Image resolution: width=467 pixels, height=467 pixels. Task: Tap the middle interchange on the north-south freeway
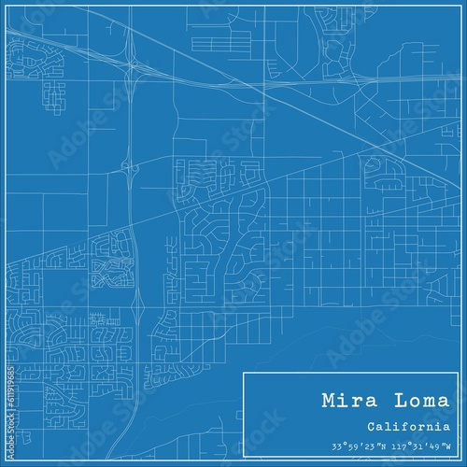click(128, 169)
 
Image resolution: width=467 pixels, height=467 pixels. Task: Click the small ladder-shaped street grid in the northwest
click(54, 92)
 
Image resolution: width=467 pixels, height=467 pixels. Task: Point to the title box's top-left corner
click(244, 373)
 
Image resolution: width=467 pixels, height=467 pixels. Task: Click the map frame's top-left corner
click(7, 7)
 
